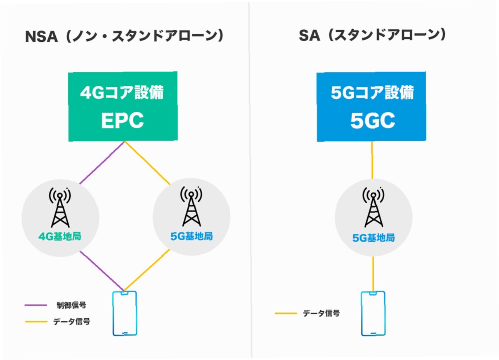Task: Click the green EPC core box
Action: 123,106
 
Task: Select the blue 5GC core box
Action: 371,106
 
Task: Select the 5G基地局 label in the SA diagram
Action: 374,238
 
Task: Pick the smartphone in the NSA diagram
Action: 124,313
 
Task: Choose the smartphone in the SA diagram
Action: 373,313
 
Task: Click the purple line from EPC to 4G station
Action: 102,163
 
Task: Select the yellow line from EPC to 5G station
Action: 147,163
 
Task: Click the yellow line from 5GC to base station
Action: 372,160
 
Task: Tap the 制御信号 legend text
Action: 71,306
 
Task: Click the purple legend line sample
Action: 36,306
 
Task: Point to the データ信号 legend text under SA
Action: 322,313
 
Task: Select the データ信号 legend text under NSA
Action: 71,322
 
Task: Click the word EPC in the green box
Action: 123,120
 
